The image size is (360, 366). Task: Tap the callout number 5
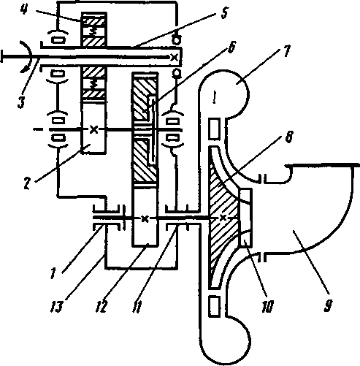pyautogui.click(x=224, y=13)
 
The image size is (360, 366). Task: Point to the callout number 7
pyautogui.click(x=286, y=52)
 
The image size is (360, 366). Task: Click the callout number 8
pyautogui.click(x=288, y=137)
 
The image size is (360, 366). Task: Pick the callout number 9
pyautogui.click(x=328, y=305)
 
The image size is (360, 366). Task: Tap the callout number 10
pyautogui.click(x=267, y=306)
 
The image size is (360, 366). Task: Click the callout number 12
pyautogui.click(x=102, y=307)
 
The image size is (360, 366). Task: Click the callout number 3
pyautogui.click(x=21, y=102)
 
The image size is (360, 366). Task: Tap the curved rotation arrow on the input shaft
pyautogui.click(x=27, y=56)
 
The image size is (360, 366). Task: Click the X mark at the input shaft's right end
pyautogui.click(x=174, y=57)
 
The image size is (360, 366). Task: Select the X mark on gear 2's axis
pyautogui.click(x=93, y=129)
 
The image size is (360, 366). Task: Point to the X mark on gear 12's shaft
pyautogui.click(x=145, y=218)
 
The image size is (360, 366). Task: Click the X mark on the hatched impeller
pyautogui.click(x=223, y=217)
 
